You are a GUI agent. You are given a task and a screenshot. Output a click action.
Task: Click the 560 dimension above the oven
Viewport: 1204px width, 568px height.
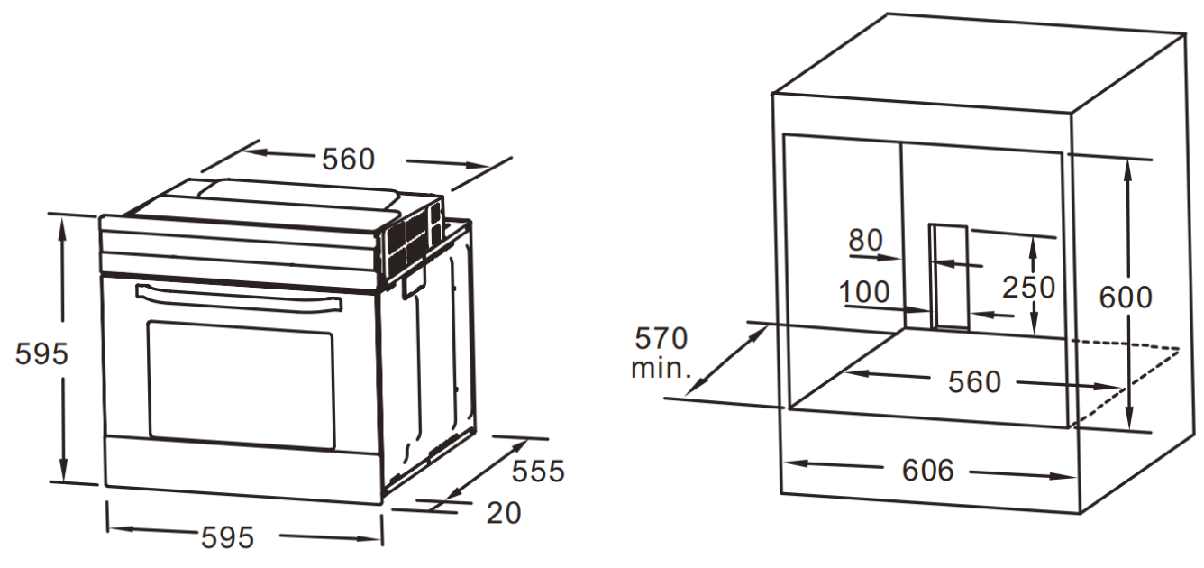click(348, 160)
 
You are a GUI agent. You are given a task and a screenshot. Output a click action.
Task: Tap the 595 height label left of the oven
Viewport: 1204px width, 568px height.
click(41, 354)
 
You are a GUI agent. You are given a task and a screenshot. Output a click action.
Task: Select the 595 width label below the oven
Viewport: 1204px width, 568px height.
click(227, 536)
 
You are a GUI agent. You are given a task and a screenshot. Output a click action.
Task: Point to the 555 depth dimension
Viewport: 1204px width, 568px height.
click(538, 472)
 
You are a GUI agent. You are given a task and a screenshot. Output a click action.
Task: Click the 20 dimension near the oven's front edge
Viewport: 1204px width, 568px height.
click(504, 513)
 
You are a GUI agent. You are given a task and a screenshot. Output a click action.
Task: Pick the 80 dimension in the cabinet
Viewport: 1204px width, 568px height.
click(865, 240)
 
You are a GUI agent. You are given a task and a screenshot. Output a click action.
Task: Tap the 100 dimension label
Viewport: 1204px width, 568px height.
click(864, 292)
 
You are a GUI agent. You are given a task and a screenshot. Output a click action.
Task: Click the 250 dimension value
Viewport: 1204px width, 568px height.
click(1029, 288)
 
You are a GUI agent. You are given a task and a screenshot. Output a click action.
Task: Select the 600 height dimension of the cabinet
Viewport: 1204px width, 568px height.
click(1126, 297)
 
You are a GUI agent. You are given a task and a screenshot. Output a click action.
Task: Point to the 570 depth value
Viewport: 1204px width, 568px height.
click(661, 338)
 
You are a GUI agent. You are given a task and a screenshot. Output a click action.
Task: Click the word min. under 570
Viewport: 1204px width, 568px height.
click(661, 369)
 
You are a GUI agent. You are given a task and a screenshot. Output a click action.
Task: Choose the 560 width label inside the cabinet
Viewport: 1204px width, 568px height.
click(974, 382)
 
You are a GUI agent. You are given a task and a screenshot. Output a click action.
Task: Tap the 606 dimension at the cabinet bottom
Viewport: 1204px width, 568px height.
click(927, 470)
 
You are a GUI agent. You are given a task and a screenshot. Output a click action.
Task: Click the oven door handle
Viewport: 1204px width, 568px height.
click(239, 298)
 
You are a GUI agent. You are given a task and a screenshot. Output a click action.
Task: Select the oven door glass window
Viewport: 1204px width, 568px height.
click(241, 385)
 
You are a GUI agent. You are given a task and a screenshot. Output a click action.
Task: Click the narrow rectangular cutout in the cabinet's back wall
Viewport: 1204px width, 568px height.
click(949, 277)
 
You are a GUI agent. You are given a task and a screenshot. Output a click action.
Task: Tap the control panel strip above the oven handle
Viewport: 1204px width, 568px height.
click(239, 252)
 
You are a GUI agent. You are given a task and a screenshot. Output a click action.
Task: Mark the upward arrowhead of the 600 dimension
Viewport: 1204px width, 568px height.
click(1127, 169)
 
